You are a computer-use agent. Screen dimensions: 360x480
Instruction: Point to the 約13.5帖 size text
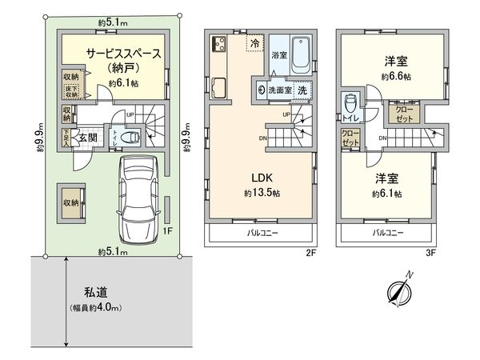[262, 193]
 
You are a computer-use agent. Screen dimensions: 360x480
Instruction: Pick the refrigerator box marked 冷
[254, 43]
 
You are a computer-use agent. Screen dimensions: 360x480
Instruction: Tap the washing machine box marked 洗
[302, 90]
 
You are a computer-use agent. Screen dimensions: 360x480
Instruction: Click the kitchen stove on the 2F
[217, 44]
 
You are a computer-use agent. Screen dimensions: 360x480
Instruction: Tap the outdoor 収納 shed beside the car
[70, 203]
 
